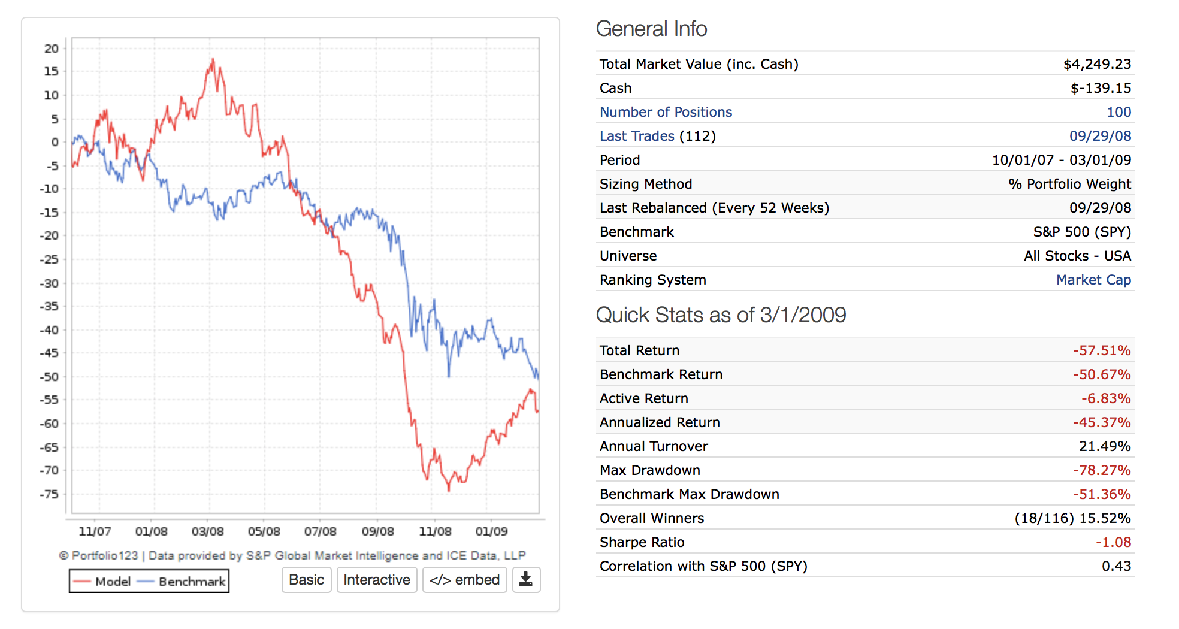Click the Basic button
306,580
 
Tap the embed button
464,580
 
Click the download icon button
525,580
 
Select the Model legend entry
102,582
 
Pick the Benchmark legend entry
183,582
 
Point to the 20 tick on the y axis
52,49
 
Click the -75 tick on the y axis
49,494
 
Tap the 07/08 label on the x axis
320,531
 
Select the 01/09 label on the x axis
491,531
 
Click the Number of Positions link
666,112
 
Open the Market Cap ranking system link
1093,280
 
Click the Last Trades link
637,136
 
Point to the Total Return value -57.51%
1102,350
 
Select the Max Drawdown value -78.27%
1102,470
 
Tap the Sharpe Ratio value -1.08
1113,542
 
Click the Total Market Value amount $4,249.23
1097,64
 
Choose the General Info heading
651,29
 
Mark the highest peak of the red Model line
213,59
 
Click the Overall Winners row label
652,518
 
